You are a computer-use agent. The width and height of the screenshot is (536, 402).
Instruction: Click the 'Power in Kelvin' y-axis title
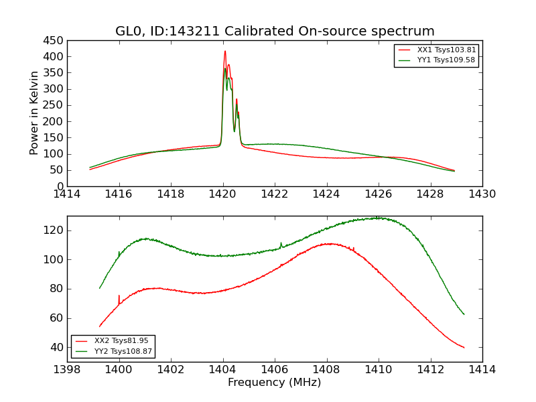(34, 113)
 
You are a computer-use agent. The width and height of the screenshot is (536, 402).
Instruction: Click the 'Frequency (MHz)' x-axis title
(275, 383)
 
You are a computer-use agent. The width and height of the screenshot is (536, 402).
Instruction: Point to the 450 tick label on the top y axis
(54, 40)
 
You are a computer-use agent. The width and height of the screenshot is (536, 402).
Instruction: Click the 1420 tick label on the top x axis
(222, 194)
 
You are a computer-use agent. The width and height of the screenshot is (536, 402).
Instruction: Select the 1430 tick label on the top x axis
(482, 194)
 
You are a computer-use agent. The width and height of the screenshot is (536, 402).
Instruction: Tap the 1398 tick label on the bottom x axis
(67, 370)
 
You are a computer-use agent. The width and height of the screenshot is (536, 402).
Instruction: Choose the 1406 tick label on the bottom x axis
(275, 370)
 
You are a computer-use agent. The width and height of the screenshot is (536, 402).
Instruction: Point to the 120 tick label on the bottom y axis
(54, 230)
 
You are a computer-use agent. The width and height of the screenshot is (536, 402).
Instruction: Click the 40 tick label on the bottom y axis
(56, 348)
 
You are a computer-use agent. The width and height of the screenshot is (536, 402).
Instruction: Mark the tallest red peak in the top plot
(225, 52)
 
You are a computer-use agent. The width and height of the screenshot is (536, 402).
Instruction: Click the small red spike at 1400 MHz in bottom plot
(119, 296)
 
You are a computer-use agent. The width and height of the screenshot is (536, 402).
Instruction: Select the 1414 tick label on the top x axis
(67, 194)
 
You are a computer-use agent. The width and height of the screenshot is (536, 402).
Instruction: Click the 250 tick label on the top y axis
(54, 105)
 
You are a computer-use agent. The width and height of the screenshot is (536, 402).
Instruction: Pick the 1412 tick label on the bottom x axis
(430, 370)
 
